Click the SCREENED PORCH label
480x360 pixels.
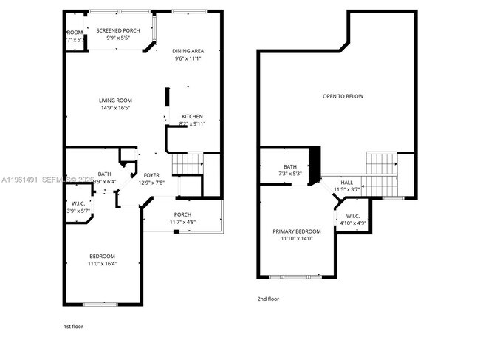click(x=118, y=30)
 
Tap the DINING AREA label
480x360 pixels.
click(x=188, y=51)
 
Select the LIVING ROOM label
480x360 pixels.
click(x=115, y=101)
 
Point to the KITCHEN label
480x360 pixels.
click(x=192, y=117)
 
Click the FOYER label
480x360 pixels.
click(x=151, y=175)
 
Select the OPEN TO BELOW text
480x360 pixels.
click(x=343, y=96)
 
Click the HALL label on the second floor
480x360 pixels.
click(x=346, y=182)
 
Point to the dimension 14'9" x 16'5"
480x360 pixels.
click(x=115, y=108)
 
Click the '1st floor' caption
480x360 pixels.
click(x=73, y=325)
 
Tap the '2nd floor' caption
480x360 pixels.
click(x=268, y=299)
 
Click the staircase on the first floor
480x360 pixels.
click(x=187, y=163)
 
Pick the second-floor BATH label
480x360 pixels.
click(x=289, y=167)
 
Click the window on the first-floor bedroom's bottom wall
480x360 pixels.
click(x=100, y=304)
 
